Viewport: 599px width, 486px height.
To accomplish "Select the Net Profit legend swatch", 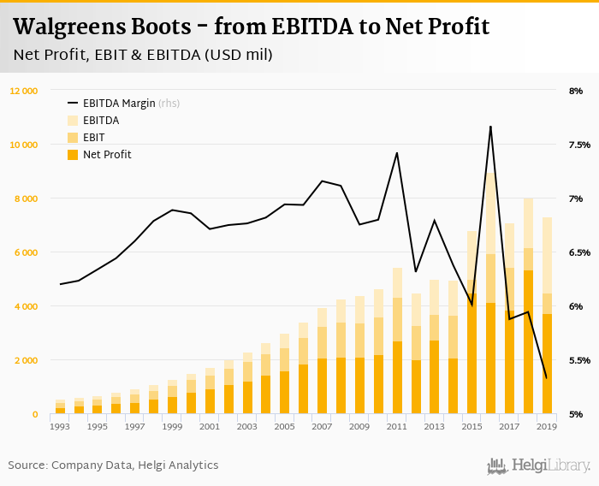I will [x=73, y=155].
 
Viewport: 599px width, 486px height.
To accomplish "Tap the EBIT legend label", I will [x=94, y=138].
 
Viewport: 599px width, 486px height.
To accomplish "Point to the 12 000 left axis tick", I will [x=24, y=91].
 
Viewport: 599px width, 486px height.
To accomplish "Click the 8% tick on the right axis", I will [x=575, y=91].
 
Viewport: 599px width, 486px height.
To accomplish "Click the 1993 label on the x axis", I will [x=60, y=426].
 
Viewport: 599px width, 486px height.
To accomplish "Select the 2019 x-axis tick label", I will [x=546, y=426].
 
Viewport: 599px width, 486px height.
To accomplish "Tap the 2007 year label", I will [x=322, y=426].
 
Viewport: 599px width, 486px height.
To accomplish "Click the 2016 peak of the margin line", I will [x=490, y=127].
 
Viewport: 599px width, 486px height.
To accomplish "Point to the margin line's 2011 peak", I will [x=397, y=153].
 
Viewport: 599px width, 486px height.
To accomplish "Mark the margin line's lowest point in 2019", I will [x=546, y=377].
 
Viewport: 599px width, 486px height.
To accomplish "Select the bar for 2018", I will [x=528, y=308].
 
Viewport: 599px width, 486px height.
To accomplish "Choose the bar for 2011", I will [x=397, y=342].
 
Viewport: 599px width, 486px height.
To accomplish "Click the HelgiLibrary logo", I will [x=539, y=465].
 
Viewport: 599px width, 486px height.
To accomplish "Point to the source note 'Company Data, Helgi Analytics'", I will [x=137, y=465].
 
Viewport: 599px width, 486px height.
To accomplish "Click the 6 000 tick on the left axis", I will [x=24, y=252].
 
